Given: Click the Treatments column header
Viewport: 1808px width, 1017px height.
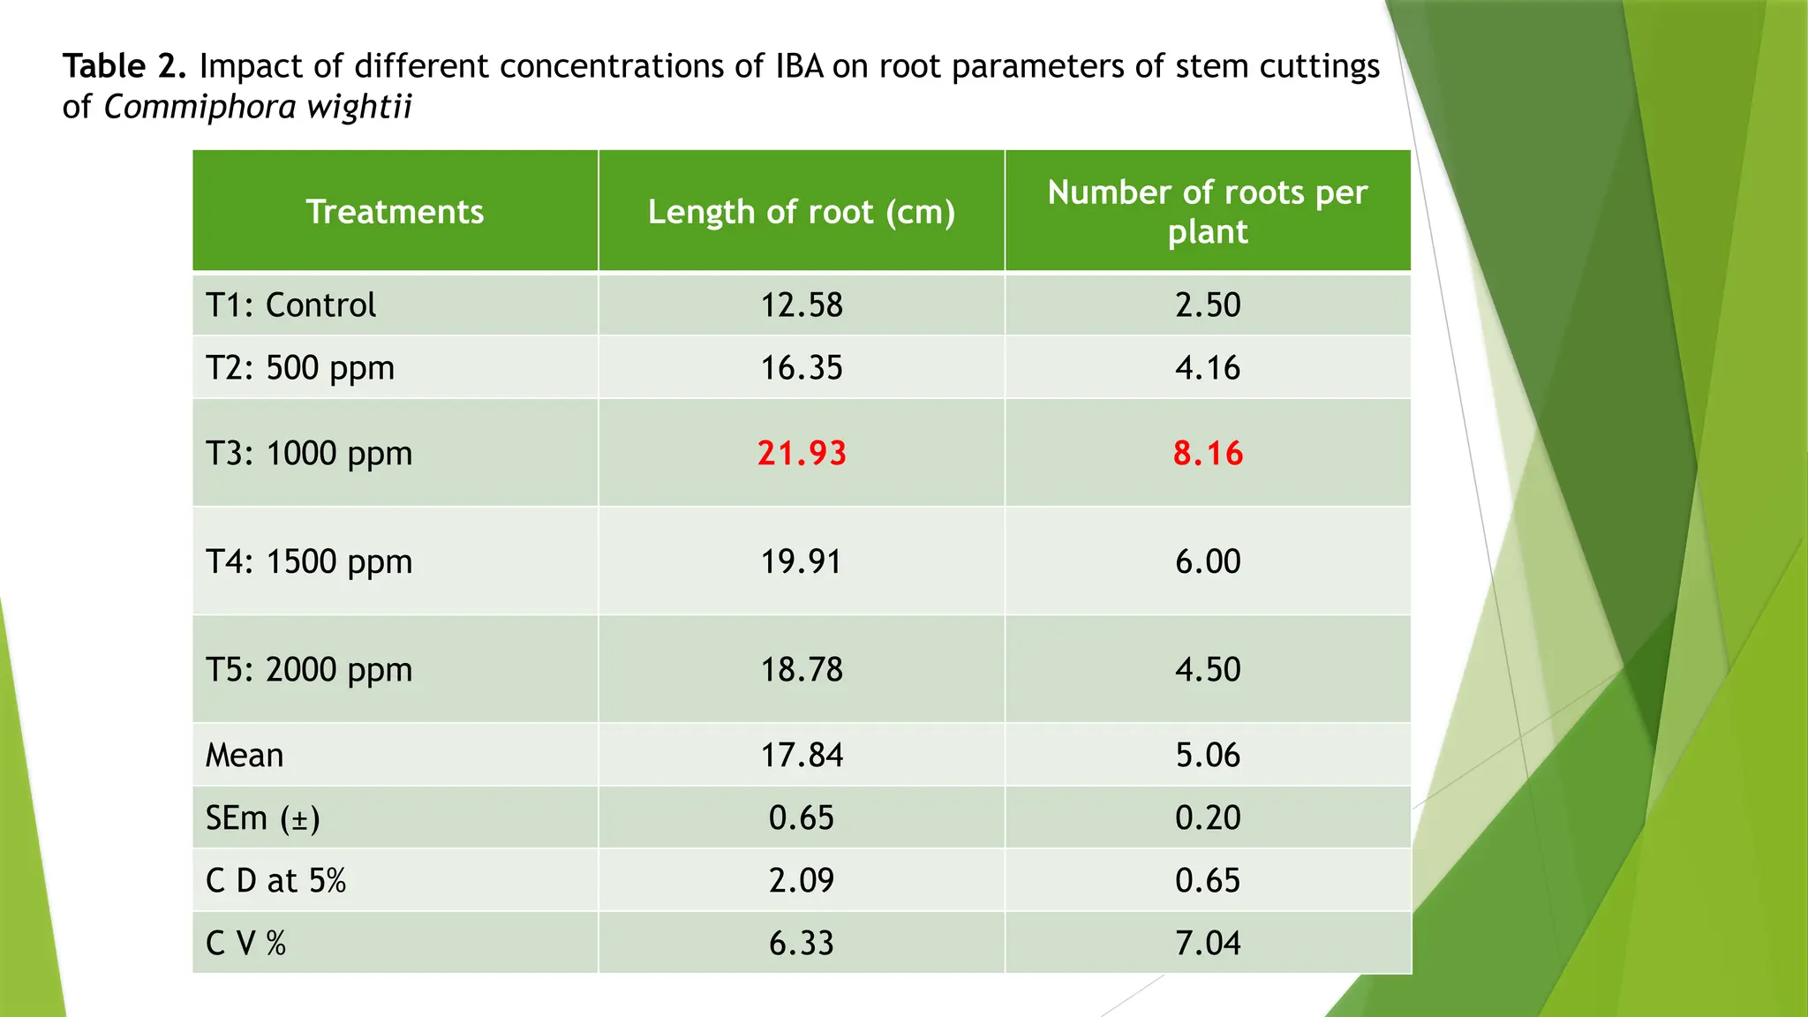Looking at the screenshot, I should (x=395, y=212).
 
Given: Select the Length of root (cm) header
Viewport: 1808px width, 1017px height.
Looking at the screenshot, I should (x=801, y=212).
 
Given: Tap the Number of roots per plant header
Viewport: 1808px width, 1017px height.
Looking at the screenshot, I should (x=1207, y=212).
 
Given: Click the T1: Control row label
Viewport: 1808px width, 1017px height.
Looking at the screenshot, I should (x=290, y=305).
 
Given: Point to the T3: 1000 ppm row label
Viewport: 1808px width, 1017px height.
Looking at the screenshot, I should (x=308, y=454).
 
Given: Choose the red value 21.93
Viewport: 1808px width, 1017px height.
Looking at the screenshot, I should (x=802, y=454).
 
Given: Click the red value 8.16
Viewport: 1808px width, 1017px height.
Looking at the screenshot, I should (x=1208, y=454).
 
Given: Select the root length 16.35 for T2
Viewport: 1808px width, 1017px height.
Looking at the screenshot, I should (x=802, y=368).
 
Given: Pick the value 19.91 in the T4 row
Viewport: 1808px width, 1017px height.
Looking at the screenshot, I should (x=802, y=561).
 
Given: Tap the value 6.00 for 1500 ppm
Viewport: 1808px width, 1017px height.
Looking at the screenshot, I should (x=1208, y=561).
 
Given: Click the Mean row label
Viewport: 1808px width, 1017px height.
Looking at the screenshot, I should (x=245, y=756).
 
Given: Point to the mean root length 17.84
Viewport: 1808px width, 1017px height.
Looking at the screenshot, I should (x=802, y=756).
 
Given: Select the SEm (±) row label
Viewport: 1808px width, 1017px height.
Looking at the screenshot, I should (x=262, y=818).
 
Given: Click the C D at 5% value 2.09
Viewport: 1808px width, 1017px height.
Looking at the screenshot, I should (x=802, y=881).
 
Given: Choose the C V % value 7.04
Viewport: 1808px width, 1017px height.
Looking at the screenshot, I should (x=1208, y=944).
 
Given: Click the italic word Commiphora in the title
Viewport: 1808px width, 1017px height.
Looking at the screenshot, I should (x=200, y=107).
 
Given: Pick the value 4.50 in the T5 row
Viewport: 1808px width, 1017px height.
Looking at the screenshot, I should (x=1208, y=670).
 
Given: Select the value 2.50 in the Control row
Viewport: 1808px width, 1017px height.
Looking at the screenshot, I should (x=1208, y=305).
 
